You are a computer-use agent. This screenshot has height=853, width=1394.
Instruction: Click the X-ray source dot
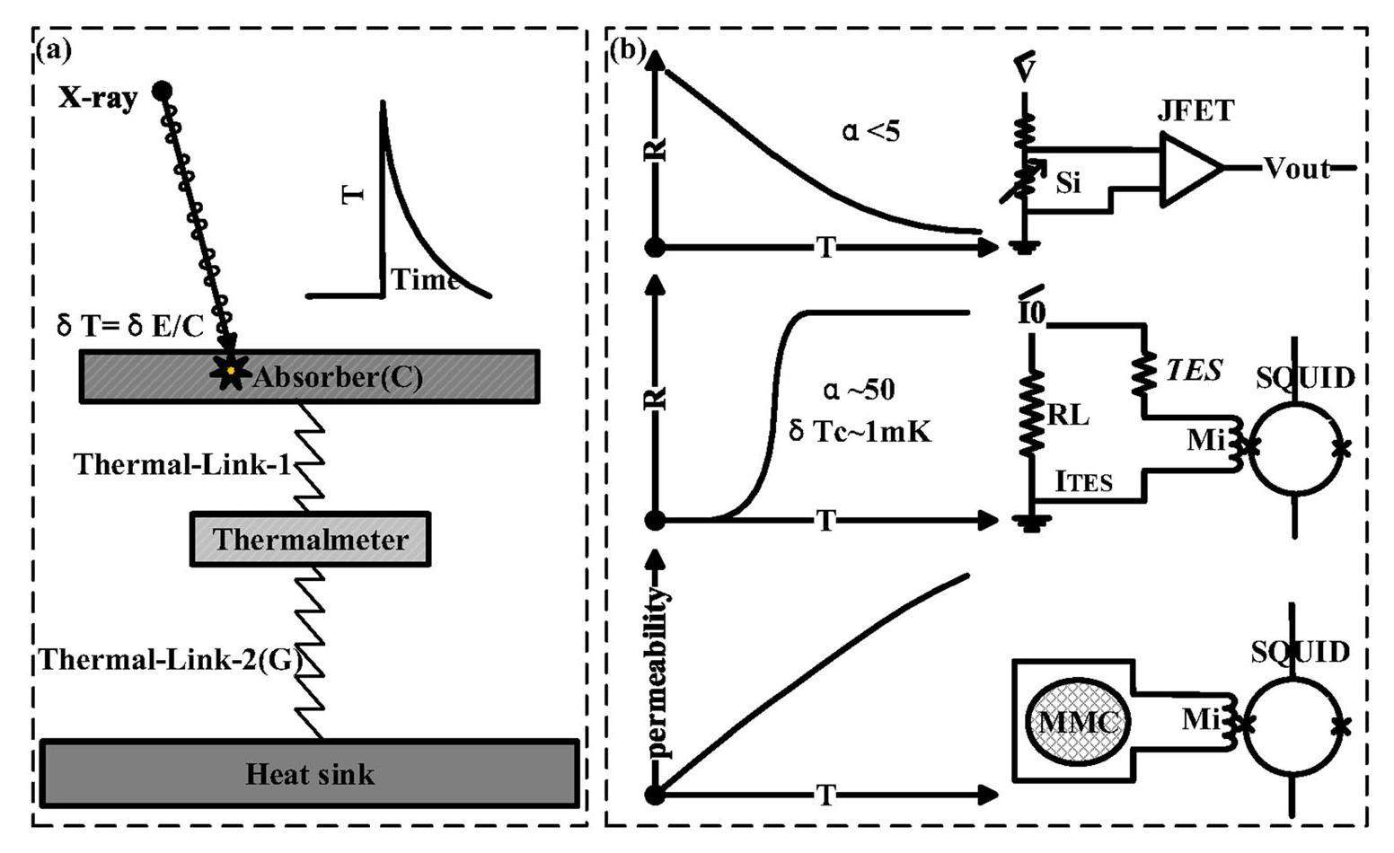(162, 91)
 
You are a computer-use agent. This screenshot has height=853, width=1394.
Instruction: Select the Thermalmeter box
(310, 540)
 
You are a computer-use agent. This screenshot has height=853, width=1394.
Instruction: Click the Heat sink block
(309, 774)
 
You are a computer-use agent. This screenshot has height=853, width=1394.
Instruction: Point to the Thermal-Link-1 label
(183, 464)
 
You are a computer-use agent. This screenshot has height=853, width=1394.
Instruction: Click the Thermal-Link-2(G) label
(171, 661)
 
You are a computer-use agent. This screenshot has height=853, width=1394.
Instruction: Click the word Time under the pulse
(424, 280)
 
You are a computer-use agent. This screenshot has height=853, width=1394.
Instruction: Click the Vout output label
(1296, 169)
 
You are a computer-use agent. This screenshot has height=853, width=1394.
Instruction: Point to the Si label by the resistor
(1068, 183)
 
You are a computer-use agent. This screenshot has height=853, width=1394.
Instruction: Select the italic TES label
(1194, 370)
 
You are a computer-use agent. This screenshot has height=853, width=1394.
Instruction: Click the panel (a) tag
(52, 50)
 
